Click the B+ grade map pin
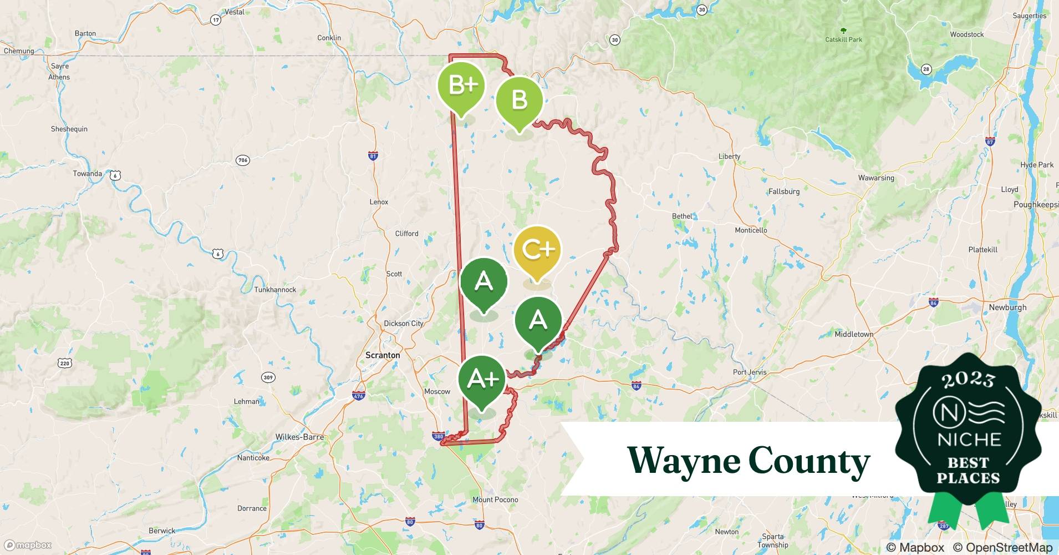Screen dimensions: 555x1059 (x=461, y=86)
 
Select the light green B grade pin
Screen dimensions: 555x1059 (x=519, y=100)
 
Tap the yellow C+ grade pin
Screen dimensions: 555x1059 (x=537, y=250)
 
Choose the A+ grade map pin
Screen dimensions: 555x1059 (x=482, y=380)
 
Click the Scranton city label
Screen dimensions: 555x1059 (x=383, y=355)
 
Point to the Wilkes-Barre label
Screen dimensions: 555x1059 (x=299, y=437)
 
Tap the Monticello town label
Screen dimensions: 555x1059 (x=751, y=230)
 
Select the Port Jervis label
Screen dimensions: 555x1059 (x=750, y=372)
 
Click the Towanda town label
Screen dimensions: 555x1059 (x=88, y=174)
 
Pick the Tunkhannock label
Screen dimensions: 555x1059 (x=275, y=290)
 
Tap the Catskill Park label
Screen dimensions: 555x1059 (x=843, y=39)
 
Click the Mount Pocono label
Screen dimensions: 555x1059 (x=495, y=500)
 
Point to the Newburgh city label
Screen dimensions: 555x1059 (x=1007, y=307)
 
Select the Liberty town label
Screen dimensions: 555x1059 (x=729, y=157)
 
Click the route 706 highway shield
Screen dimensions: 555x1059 (x=243, y=160)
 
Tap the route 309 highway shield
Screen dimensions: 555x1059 (x=268, y=377)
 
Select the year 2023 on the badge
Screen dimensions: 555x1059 (x=968, y=379)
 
